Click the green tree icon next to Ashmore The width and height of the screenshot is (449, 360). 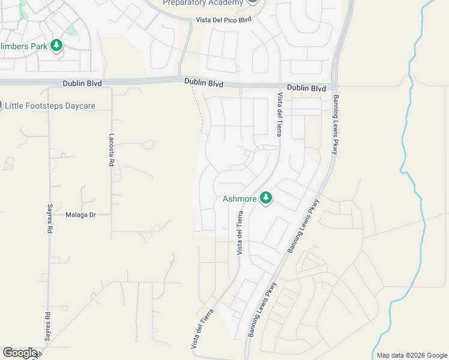[x=266, y=198]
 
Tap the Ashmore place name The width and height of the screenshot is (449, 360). [x=240, y=199]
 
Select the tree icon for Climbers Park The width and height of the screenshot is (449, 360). [x=56, y=46]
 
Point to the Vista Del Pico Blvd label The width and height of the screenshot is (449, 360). [x=223, y=20]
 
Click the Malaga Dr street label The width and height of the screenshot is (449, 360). [x=80, y=214]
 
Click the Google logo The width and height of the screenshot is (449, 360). [x=20, y=353]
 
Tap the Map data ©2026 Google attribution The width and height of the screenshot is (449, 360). [x=412, y=355]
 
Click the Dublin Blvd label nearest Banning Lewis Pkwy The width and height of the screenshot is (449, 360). [x=306, y=88]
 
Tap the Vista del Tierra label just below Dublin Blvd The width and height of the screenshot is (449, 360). [x=279, y=114]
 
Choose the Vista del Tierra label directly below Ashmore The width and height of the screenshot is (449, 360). [x=240, y=233]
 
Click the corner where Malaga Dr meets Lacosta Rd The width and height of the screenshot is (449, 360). [x=111, y=214]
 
